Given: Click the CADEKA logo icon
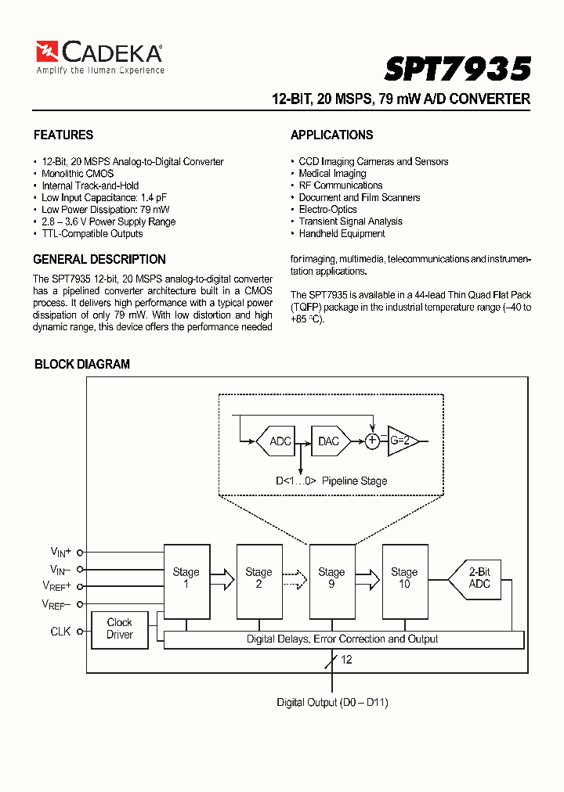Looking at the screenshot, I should pyautogui.click(x=47, y=52).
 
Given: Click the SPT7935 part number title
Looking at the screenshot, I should pyautogui.click(x=457, y=69).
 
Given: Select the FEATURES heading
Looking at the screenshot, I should pyautogui.click(x=63, y=135).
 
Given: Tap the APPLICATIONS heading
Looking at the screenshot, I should pyautogui.click(x=331, y=135).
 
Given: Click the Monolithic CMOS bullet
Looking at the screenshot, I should pyautogui.click(x=78, y=174).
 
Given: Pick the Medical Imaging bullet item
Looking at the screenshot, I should pyautogui.click(x=332, y=174).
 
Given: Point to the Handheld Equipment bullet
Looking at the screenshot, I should pyautogui.click(x=342, y=233).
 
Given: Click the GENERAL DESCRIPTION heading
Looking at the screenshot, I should pyautogui.click(x=99, y=259).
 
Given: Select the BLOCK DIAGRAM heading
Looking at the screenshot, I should pyautogui.click(x=82, y=364).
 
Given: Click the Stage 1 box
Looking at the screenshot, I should pyautogui.click(x=186, y=578).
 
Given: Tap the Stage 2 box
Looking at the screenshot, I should pyautogui.click(x=258, y=578).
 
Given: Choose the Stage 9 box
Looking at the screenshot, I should pyautogui.click(x=331, y=578).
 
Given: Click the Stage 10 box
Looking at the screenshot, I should pyautogui.click(x=404, y=578).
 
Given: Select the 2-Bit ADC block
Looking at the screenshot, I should pyautogui.click(x=476, y=578).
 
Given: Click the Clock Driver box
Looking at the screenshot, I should pyautogui.click(x=120, y=628).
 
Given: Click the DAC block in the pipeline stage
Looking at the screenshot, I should pyautogui.click(x=329, y=441).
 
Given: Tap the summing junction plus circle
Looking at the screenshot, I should pyautogui.click(x=372, y=441).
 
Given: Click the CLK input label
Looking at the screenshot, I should pyautogui.click(x=60, y=631).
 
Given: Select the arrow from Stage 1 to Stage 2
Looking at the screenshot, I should pyautogui.click(x=222, y=579).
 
